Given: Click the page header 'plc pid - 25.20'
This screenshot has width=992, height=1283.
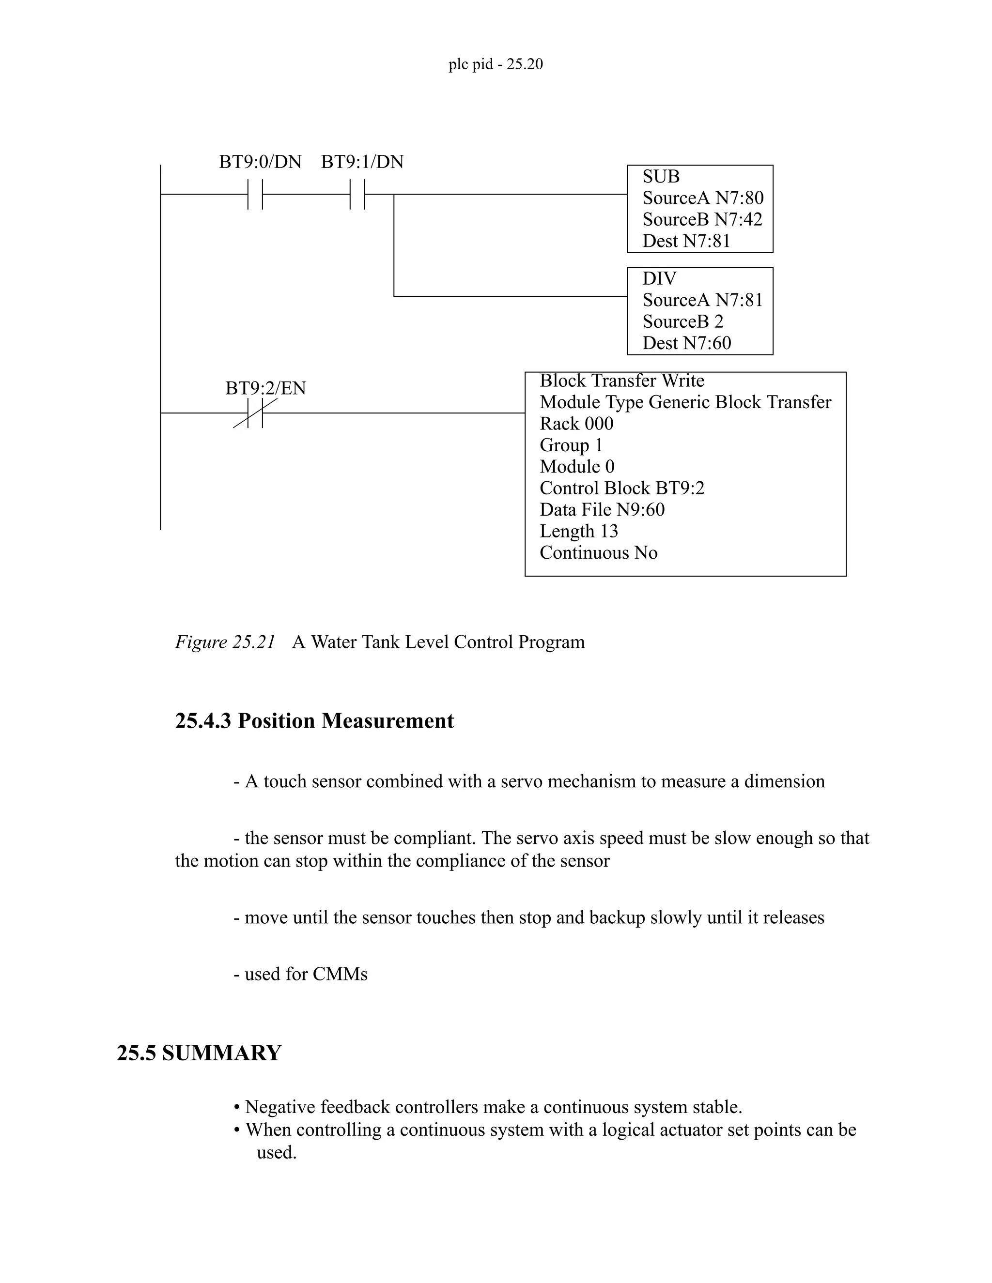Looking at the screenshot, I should [x=496, y=64].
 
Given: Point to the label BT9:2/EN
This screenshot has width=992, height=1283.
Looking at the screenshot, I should [x=265, y=388].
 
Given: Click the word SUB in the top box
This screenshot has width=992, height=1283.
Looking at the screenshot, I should [x=661, y=177].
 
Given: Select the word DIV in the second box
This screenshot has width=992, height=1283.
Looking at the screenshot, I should [x=659, y=278].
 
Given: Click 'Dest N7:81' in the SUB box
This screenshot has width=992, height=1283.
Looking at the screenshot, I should [x=686, y=241].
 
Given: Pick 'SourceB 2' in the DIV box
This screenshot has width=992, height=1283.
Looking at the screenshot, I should [x=682, y=321].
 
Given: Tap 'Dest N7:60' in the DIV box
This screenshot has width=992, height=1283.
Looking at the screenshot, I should [x=686, y=343].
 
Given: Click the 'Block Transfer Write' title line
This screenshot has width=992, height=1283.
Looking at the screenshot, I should [x=622, y=381].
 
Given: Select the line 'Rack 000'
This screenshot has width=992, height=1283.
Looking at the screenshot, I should [x=576, y=424].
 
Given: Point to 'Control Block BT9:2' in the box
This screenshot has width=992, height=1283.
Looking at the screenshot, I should [x=622, y=488].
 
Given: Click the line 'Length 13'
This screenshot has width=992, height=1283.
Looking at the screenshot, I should [x=579, y=531].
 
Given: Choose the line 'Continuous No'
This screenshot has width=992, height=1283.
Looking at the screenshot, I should [x=598, y=553].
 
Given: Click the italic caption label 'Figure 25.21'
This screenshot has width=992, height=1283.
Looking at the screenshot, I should [x=225, y=642].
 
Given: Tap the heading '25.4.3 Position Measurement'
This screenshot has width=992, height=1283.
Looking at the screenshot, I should [x=314, y=721].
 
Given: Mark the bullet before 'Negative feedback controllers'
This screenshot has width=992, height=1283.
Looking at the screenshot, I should [x=237, y=1107].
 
